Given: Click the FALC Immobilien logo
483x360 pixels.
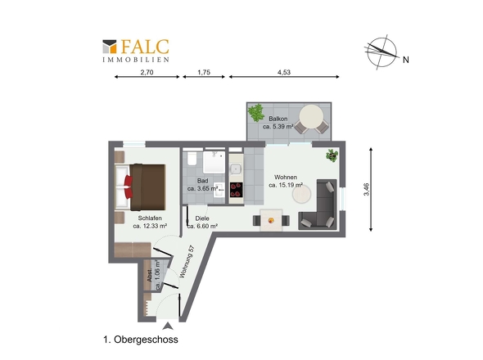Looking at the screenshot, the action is pyautogui.click(x=136, y=51).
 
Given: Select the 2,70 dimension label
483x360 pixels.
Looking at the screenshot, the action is pyautogui.click(x=147, y=72).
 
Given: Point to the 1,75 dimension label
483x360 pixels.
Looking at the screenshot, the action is pyautogui.click(x=204, y=72).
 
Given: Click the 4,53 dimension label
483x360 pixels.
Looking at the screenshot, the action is pyautogui.click(x=284, y=72).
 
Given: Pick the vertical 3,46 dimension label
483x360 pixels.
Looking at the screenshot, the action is pyautogui.click(x=366, y=189).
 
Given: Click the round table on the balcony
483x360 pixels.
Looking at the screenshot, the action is pyautogui.click(x=311, y=117).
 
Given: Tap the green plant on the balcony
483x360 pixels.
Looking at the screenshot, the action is pyautogui.click(x=256, y=113).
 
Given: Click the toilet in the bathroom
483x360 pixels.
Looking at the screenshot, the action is pyautogui.click(x=192, y=158).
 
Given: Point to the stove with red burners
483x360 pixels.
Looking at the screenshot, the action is pyautogui.click(x=236, y=190).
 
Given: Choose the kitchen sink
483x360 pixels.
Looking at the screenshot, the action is pyautogui.click(x=236, y=169).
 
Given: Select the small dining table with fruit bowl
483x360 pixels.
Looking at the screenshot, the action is pyautogui.click(x=271, y=220).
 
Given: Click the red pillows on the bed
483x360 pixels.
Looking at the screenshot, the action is pyautogui.click(x=129, y=187).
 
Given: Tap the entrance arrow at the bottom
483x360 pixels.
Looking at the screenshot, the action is pyautogui.click(x=168, y=326).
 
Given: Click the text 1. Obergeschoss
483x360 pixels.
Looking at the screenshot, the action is pyautogui.click(x=141, y=340).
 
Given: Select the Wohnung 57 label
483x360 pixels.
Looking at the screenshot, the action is pyautogui.click(x=187, y=262).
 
